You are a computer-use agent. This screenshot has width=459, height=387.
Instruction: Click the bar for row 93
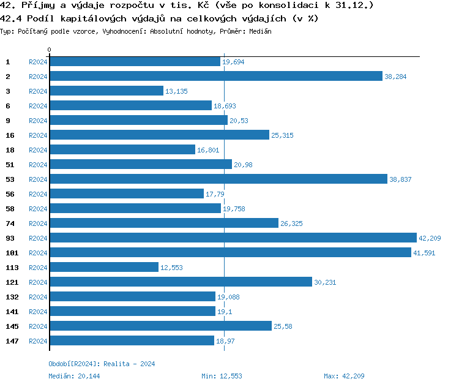[233, 238]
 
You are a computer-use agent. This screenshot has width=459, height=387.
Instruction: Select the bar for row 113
[103, 268]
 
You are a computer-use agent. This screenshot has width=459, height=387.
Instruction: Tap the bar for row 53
[218, 179]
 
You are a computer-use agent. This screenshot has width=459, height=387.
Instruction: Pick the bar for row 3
[106, 91]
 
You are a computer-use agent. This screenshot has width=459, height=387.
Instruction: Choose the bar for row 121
[181, 282]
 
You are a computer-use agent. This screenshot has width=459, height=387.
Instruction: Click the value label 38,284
[395, 77]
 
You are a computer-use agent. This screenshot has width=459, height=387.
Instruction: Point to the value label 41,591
[424, 253]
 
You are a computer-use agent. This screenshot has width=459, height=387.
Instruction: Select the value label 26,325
[291, 224]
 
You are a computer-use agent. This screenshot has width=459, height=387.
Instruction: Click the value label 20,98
[243, 165]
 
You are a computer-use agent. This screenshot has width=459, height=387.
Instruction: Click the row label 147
[12, 341]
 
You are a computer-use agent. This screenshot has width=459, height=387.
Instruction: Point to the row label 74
[10, 224]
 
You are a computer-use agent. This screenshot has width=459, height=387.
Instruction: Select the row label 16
[10, 135]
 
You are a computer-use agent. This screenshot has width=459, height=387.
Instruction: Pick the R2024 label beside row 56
[38, 194]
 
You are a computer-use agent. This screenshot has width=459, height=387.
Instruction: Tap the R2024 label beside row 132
[38, 297]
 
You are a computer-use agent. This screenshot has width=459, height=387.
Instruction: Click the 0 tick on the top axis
[50, 50]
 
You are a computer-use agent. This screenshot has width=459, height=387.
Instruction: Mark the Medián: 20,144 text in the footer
[70, 376]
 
